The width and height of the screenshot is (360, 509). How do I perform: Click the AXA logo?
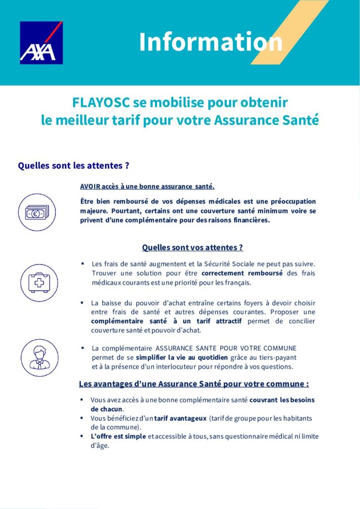41,42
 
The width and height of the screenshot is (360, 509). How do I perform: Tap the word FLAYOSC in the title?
101,102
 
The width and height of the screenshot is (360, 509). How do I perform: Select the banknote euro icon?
37,212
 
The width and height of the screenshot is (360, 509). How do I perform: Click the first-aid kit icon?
39,283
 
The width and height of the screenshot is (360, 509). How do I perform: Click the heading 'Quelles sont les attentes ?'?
74,166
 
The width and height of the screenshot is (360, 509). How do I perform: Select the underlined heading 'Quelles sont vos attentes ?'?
192,248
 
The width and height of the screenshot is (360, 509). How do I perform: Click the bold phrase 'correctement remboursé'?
242,273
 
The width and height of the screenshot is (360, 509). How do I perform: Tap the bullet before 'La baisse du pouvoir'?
82,302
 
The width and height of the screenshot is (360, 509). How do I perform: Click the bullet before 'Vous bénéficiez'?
82,418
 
